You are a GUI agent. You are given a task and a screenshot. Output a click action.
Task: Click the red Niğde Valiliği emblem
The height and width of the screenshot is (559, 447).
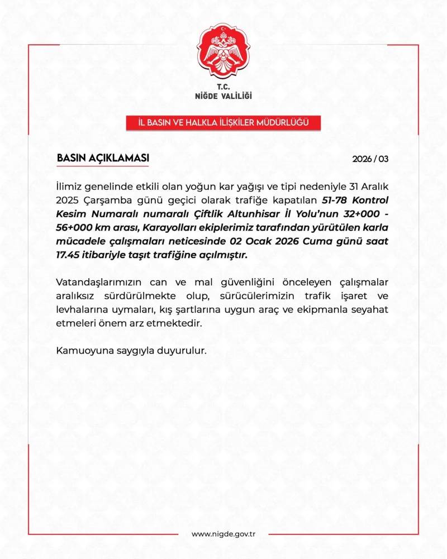click(x=223, y=52)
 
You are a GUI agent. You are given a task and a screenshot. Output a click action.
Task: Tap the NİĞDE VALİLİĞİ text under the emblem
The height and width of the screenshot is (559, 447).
click(x=223, y=96)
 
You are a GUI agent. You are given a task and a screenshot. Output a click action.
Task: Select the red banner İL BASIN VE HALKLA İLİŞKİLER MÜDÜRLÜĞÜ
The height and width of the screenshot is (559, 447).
click(x=223, y=122)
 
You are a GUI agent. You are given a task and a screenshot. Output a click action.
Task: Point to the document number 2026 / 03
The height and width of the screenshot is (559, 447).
click(x=370, y=159)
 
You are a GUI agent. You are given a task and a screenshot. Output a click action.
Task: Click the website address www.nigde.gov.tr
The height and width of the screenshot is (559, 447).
click(x=223, y=534)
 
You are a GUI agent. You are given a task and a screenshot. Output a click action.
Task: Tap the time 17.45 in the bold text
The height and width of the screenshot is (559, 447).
click(x=68, y=255)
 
